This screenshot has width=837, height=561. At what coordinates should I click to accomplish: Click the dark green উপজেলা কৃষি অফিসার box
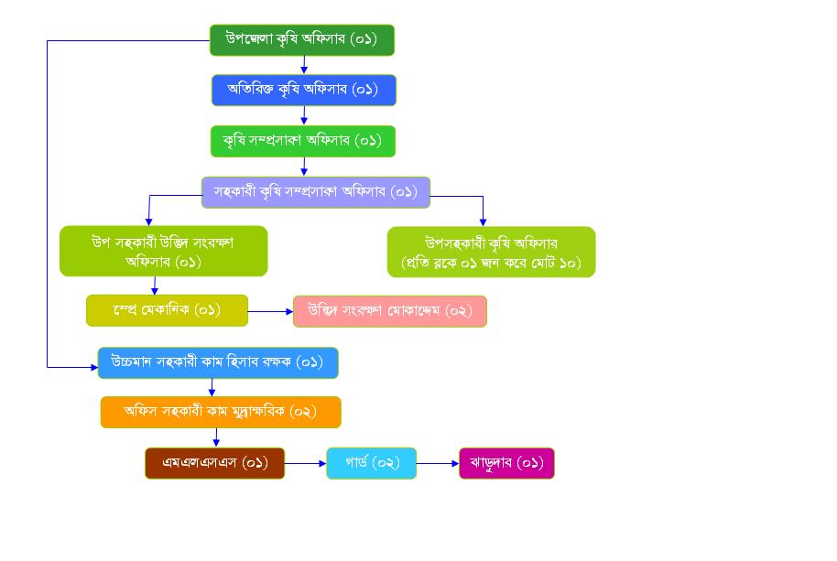301,40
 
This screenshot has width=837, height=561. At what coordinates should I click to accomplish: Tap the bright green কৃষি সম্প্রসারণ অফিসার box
303,141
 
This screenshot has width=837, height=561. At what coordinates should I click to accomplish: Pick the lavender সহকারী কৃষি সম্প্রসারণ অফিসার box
315,192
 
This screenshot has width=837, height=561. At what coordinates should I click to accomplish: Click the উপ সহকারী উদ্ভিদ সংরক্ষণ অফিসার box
163,251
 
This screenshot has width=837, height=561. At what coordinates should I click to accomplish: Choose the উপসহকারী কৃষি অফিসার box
491,252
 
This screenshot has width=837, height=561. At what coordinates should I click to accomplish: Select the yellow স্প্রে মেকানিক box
167,310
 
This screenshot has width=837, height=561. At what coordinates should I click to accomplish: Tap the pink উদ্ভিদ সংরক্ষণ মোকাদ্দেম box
389,311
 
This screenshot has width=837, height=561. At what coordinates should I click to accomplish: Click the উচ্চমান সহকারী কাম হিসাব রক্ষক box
218,362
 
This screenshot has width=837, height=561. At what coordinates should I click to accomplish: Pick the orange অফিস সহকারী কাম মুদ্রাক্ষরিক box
220,412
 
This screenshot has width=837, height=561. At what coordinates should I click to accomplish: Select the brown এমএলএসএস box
214,463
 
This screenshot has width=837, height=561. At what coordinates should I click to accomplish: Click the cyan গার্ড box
371,463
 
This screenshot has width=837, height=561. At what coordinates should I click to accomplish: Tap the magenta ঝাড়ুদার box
506,463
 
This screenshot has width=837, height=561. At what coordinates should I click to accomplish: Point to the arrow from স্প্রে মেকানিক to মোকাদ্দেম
270,311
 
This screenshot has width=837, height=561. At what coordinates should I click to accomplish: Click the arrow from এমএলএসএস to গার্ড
305,463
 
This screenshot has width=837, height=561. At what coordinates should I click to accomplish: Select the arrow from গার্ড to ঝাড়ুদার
438,463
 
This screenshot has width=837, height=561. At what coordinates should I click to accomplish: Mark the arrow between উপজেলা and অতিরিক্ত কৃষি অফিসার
304,65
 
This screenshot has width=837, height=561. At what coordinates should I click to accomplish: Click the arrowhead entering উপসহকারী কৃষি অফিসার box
483,222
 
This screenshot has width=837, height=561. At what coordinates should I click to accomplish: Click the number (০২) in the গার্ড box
386,463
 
